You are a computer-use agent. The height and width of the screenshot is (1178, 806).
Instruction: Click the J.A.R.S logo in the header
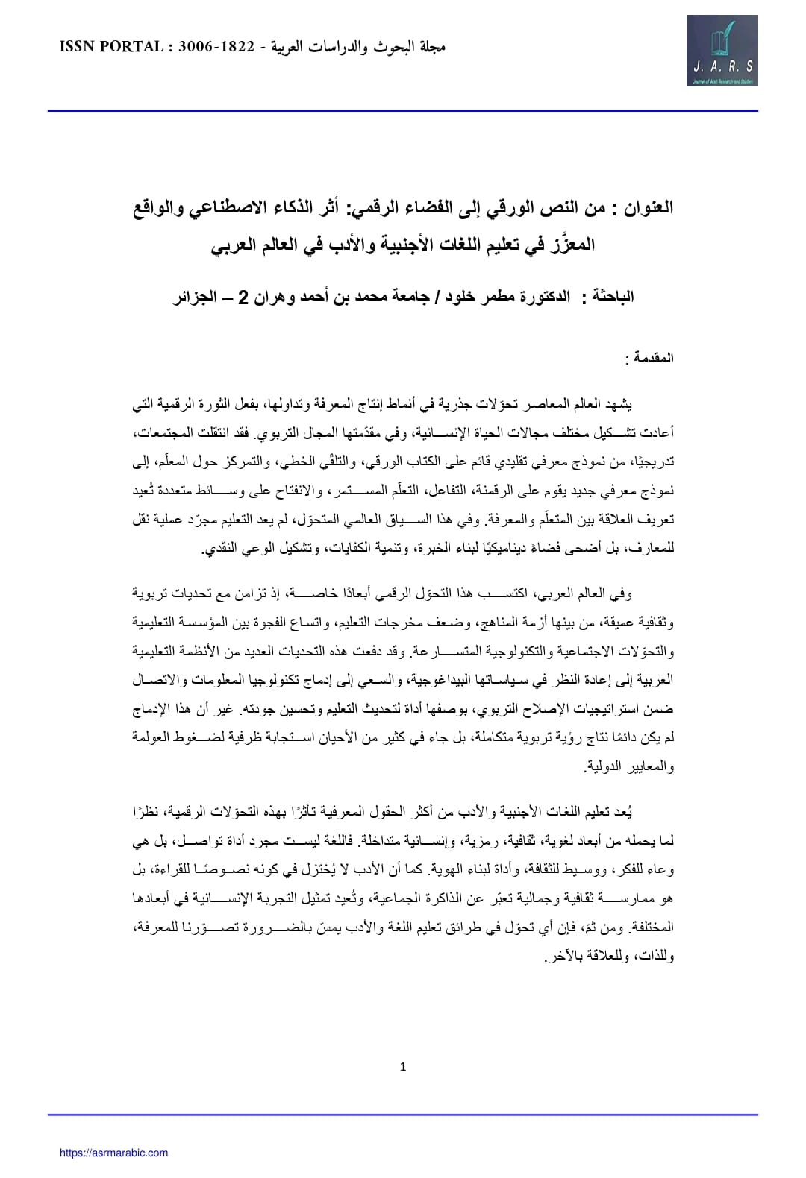click(722, 54)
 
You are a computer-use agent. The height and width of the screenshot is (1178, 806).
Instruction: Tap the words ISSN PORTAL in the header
click(110, 47)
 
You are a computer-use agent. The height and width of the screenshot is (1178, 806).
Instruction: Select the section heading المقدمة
click(654, 358)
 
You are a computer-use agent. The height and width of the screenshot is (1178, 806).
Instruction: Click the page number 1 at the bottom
click(403, 1067)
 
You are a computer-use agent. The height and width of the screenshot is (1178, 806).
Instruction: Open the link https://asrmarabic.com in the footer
click(113, 1153)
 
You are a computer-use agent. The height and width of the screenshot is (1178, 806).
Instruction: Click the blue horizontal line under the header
click(403, 111)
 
